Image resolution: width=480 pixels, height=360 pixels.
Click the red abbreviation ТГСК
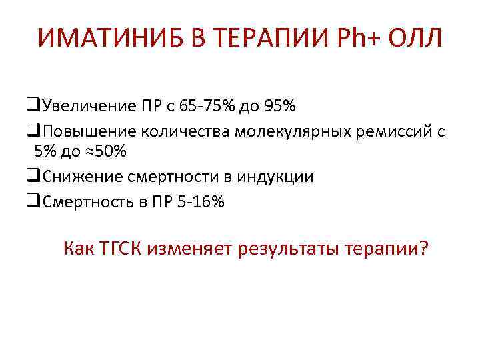(x=121, y=249)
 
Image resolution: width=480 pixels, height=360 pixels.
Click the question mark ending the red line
(x=425, y=249)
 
